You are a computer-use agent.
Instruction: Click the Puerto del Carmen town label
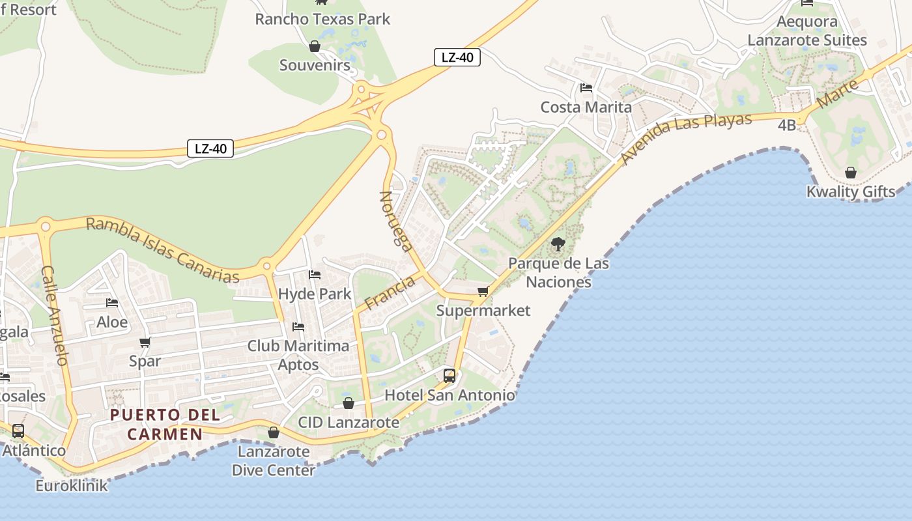(165, 424)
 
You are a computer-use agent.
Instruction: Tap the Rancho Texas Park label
(322, 19)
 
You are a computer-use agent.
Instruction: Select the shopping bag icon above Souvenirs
(315, 46)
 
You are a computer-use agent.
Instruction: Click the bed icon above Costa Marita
(586, 88)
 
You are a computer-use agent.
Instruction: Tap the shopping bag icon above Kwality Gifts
(850, 173)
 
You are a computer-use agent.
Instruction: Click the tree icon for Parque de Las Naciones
(558, 245)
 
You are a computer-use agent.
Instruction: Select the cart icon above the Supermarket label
(483, 292)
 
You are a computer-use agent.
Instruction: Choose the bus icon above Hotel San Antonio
(449, 376)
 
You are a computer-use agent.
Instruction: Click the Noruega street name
(396, 221)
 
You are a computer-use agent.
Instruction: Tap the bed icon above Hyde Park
(315, 275)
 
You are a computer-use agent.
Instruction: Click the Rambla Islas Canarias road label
(163, 250)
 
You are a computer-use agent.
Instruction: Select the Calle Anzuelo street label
(55, 315)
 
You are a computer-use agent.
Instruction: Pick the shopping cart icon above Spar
(145, 343)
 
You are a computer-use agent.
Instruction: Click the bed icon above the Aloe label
(112, 303)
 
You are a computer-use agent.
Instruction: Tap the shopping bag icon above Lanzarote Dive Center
(274, 433)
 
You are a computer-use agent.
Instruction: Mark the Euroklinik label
(72, 485)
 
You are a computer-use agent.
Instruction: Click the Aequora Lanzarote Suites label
(807, 31)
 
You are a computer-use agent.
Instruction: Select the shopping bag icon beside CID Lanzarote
(349, 404)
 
